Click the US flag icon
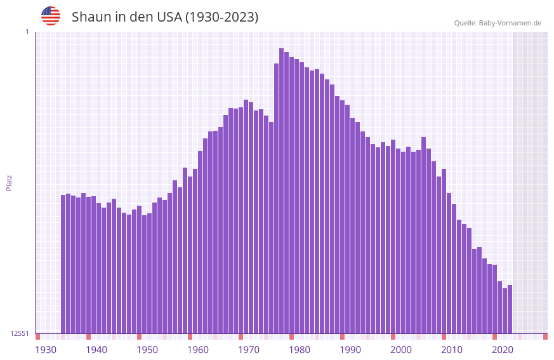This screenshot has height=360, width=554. coord(51,16)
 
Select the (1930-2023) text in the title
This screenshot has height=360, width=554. coord(221,17)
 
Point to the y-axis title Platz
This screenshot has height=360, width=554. coord(9,182)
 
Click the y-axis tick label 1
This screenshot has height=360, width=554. coord(27,32)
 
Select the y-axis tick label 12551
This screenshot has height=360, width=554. coord(20,333)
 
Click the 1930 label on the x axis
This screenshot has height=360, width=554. coord(46,350)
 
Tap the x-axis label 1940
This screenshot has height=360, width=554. coord(96,350)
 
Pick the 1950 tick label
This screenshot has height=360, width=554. coord(147,350)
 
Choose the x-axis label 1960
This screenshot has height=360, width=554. coord(198,350)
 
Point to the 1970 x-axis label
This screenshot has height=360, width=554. coord(249,350)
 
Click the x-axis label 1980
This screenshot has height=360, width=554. coord(300,350)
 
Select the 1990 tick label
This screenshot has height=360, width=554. coord(350,350)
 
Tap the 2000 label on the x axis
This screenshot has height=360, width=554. coord(401,350)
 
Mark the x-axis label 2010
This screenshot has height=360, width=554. coord(452,350)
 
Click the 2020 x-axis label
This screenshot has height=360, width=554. coord(503,350)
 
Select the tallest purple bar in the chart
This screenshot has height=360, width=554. coord(282,190)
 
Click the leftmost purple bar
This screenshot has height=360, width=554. coord(63,263)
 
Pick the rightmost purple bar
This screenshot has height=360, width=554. coord(510,309)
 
